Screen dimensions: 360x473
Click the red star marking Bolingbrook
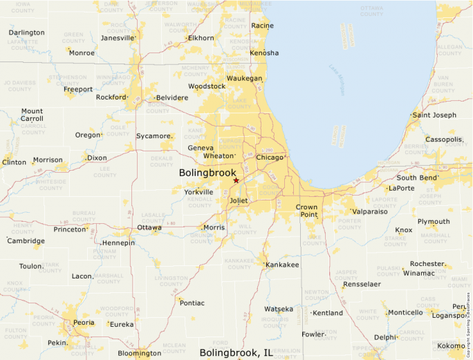click(x=236, y=180)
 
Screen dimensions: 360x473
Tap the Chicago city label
click(x=270, y=158)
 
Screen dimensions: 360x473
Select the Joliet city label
click(x=239, y=201)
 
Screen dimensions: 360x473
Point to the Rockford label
click(x=111, y=97)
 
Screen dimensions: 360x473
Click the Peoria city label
click(x=84, y=323)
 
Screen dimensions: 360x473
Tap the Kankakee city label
click(x=282, y=265)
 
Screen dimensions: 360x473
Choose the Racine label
click(x=262, y=26)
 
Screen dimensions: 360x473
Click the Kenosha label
click(x=264, y=53)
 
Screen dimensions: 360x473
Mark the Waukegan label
click(x=245, y=79)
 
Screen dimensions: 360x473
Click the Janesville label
click(x=117, y=38)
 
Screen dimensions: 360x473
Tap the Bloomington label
click(x=140, y=353)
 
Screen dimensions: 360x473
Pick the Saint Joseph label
click(x=434, y=115)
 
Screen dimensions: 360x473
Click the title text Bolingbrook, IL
click(x=236, y=353)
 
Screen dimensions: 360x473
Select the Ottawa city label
click(x=149, y=227)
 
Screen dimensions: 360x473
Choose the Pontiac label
click(x=192, y=303)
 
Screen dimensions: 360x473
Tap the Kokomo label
click(x=451, y=345)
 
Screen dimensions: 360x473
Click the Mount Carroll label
click(x=32, y=115)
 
